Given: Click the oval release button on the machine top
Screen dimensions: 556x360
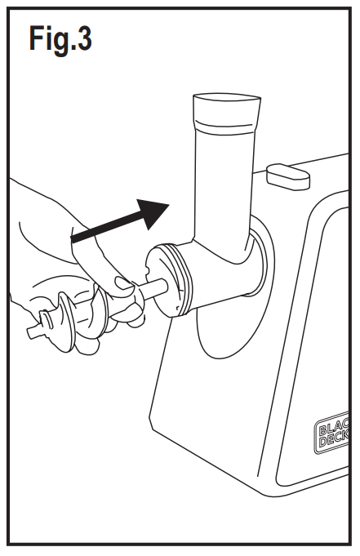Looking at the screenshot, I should [x=287, y=174].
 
